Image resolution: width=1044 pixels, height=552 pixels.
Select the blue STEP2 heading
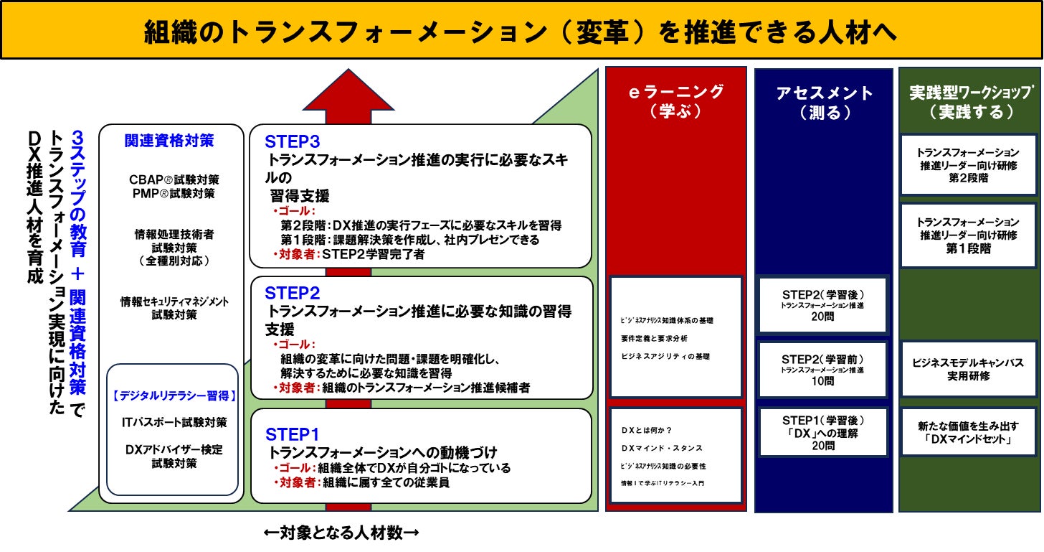point(292,293)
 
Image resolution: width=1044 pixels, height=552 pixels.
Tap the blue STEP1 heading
point(292,434)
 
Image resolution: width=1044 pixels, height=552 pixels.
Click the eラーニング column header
point(676,101)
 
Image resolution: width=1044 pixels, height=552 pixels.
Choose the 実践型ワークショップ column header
point(970,102)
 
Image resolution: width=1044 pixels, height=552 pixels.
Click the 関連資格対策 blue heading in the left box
point(169,141)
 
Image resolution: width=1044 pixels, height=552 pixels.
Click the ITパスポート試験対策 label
point(174,422)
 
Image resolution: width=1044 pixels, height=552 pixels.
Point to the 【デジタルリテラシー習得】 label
point(174,395)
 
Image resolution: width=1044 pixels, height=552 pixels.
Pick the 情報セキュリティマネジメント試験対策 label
point(174,308)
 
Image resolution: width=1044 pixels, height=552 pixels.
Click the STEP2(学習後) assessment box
point(823,305)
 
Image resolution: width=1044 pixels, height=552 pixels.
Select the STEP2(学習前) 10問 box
point(823,369)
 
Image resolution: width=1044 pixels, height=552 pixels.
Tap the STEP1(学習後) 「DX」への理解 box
point(823,432)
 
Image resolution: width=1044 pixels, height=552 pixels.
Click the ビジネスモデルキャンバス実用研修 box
point(968,369)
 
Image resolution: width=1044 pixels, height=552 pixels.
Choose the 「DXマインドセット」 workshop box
point(968,432)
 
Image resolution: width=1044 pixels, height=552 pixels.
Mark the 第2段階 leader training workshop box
point(968,164)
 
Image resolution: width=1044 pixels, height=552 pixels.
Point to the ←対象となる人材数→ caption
point(341,533)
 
